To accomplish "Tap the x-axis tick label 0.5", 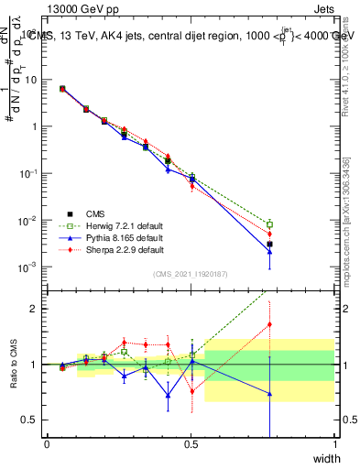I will click(191, 443).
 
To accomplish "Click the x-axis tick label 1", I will click(334, 443).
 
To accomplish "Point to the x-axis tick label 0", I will click(48, 443).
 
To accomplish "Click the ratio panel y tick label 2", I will click(33, 309).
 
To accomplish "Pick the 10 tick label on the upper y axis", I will click(29, 80).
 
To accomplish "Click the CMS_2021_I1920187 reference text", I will click(191, 273).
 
